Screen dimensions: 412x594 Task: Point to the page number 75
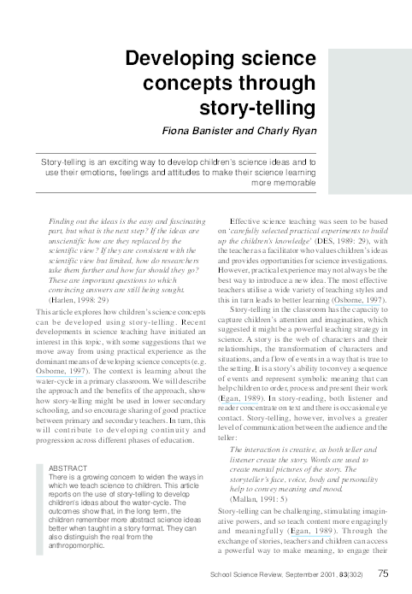pos(385,574)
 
